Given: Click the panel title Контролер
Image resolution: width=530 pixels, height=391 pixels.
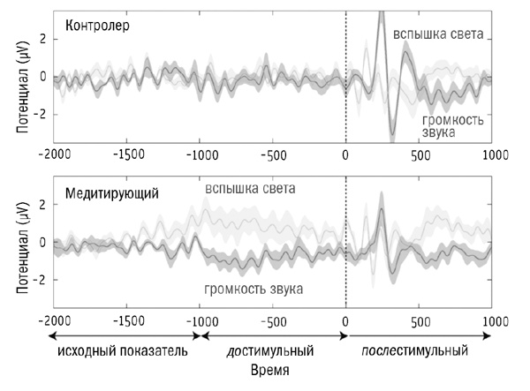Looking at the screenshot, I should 98,26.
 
